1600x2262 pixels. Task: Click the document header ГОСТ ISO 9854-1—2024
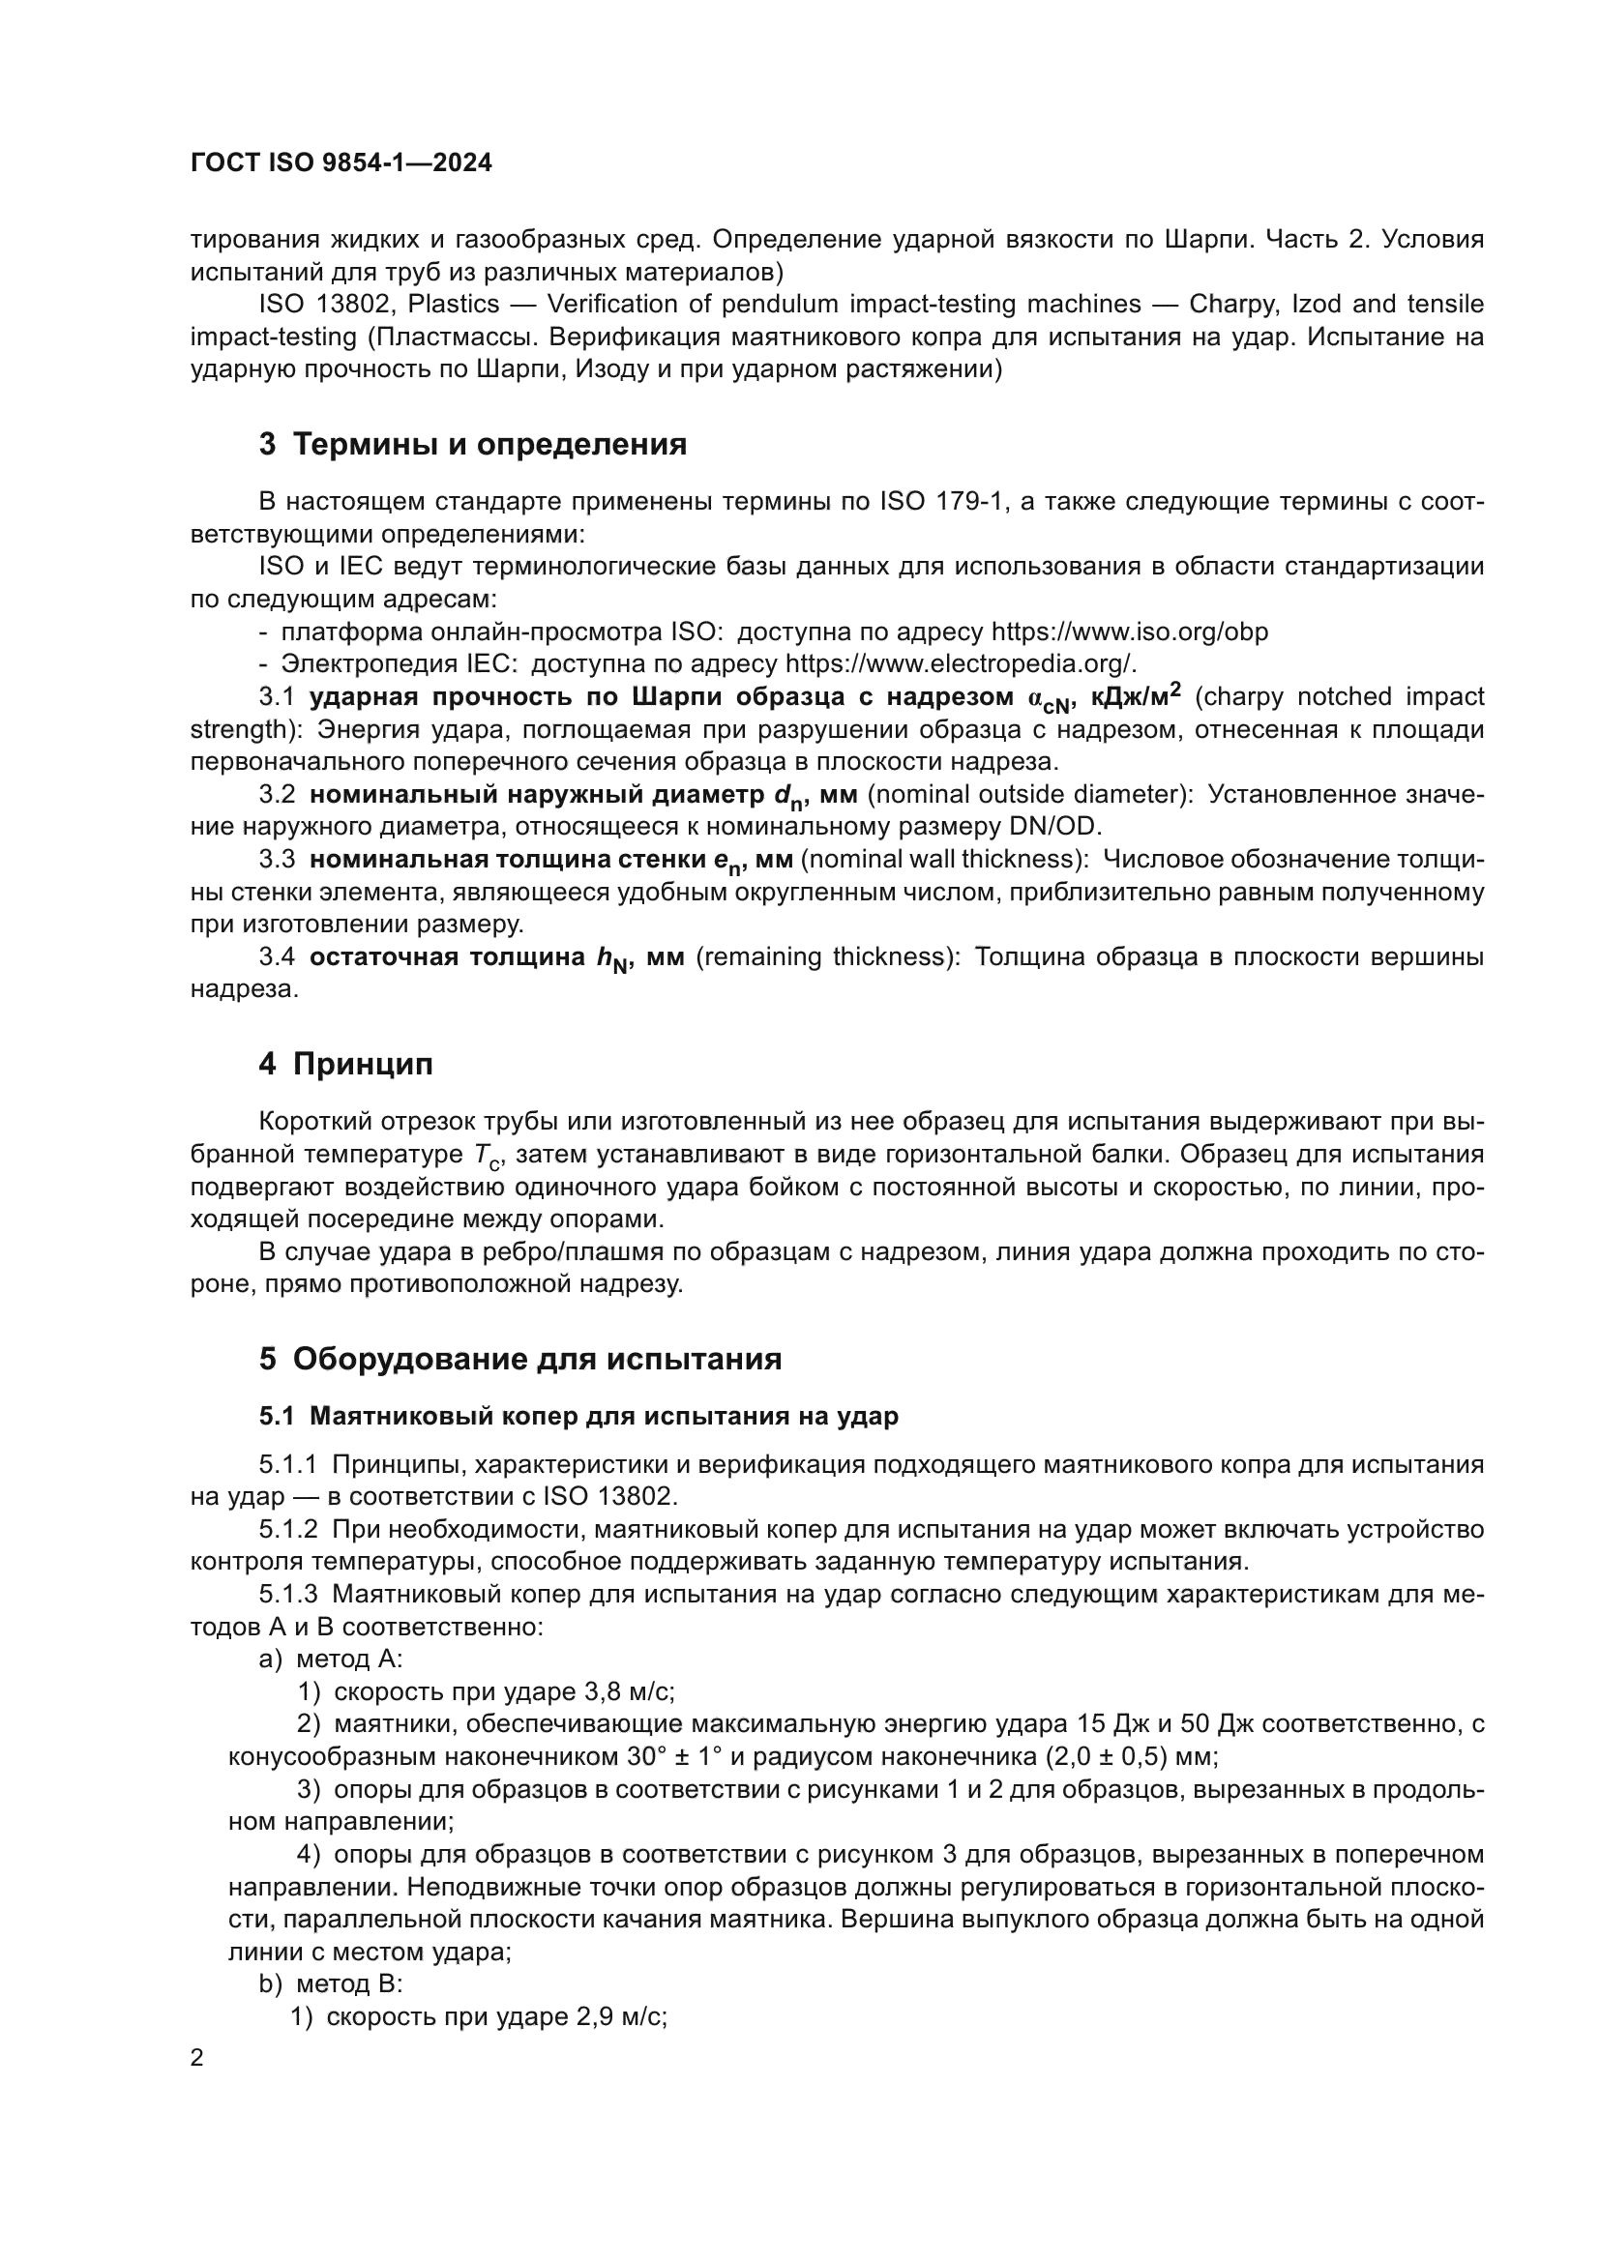341,163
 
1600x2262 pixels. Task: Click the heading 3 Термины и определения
473,444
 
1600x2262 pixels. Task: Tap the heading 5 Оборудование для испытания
520,1359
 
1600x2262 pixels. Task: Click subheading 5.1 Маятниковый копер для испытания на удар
578,1417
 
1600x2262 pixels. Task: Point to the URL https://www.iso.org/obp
1129,632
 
